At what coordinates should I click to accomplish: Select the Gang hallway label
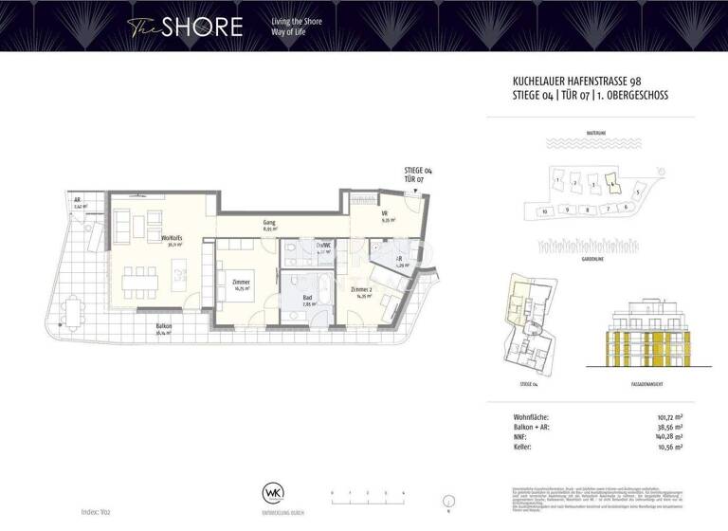269,226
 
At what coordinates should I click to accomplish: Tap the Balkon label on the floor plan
164,328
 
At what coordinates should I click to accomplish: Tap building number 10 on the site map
545,211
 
